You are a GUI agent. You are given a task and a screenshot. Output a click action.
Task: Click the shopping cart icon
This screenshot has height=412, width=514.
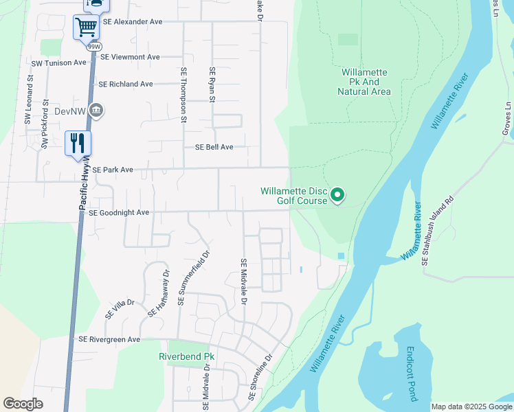point(86,27)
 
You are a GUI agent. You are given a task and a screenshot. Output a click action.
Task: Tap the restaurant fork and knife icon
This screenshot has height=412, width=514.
point(78,144)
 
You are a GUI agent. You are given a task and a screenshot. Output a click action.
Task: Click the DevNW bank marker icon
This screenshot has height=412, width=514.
point(96,111)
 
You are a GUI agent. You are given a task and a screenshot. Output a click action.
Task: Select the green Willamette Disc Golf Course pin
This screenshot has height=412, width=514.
point(337,196)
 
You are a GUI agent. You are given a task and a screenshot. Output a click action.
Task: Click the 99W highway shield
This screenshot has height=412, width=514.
point(91,47)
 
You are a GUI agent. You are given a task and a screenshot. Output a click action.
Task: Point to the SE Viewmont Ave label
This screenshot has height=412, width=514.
point(130,57)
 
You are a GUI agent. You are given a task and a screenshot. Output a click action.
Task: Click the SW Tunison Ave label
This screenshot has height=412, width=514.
point(59,62)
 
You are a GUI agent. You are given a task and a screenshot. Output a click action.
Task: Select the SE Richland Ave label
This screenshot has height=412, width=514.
point(126,84)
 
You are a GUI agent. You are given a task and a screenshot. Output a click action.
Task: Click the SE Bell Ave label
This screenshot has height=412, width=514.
point(214,147)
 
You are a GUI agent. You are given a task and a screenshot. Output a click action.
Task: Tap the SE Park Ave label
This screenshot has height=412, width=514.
point(113,169)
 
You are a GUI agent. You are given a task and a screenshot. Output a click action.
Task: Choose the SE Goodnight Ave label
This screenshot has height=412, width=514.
point(119,213)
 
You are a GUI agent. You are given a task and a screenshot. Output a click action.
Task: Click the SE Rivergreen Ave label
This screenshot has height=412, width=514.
point(109,339)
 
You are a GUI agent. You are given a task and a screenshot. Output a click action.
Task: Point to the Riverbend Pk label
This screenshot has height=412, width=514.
point(187,357)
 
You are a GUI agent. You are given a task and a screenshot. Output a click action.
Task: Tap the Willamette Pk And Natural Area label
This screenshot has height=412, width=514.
point(366,82)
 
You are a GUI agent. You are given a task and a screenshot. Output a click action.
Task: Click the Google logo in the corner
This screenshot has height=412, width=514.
point(23,404)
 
